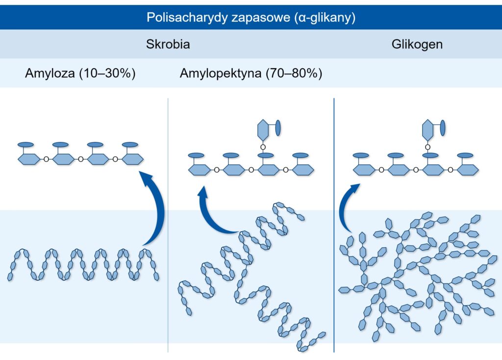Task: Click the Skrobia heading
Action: [168, 45]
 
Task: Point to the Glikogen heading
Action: [417, 45]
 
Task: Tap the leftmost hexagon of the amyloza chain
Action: [28, 159]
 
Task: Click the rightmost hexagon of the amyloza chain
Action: [132, 159]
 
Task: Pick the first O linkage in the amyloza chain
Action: [46, 159]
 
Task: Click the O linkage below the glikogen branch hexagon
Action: [427, 146]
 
